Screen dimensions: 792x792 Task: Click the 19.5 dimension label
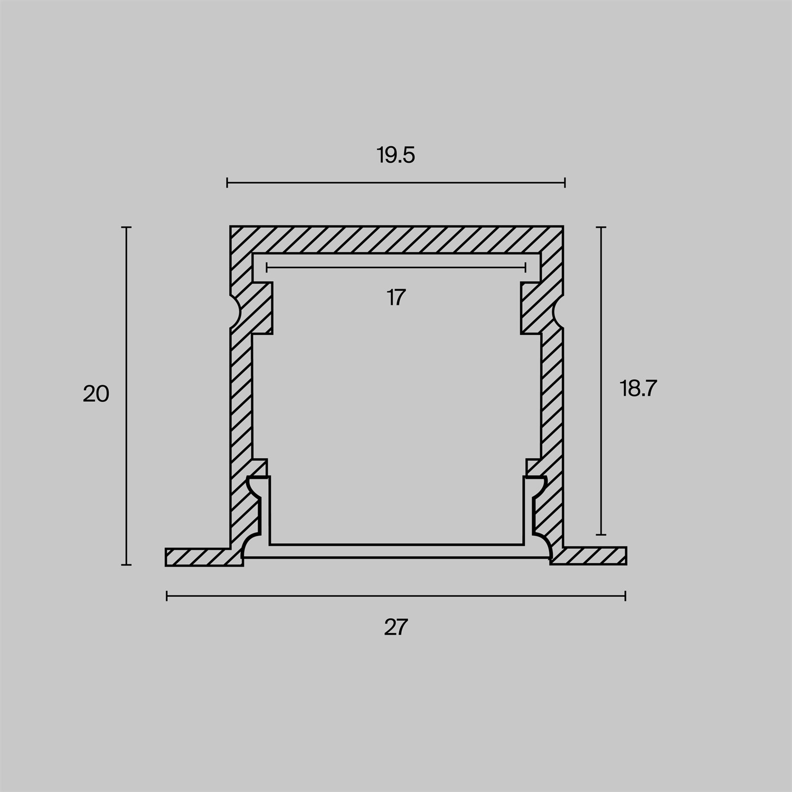[396, 156]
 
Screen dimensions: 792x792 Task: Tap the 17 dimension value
[396, 298]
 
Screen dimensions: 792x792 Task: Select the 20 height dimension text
[96, 394]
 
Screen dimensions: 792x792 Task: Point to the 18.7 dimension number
[638, 389]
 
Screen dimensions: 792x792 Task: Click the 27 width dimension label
[396, 628]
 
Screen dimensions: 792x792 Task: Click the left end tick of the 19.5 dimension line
[227, 183]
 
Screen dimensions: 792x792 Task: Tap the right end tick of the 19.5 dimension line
[565, 183]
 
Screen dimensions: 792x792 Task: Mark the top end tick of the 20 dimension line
[126, 227]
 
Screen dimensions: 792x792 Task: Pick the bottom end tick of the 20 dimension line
[126, 565]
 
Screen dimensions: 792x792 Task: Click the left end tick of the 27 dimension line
[167, 596]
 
